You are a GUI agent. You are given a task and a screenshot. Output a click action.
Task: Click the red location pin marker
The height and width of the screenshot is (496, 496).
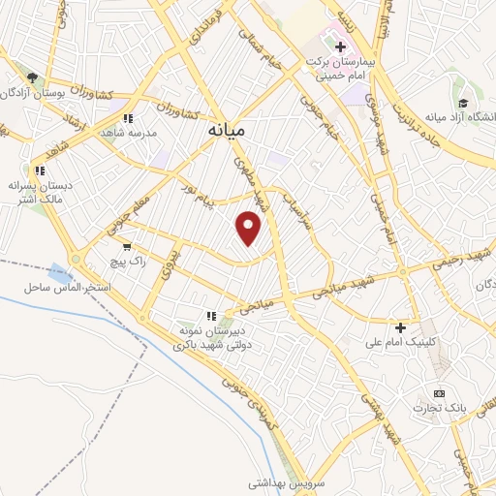click(250, 229)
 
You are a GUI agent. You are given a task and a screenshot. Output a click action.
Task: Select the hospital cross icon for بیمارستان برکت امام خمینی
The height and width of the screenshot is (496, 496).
click(340, 46)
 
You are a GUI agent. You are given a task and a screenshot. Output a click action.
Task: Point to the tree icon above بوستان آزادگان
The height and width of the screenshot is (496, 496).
click(31, 77)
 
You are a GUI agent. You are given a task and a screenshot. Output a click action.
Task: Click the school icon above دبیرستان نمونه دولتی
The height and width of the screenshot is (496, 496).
click(210, 316)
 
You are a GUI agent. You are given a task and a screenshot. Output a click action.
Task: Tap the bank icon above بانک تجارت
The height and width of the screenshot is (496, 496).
click(440, 393)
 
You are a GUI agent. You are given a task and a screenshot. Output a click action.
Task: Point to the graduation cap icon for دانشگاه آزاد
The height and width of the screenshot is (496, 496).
click(463, 103)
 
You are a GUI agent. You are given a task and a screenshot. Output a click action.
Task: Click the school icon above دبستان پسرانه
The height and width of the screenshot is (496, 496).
click(40, 170)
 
